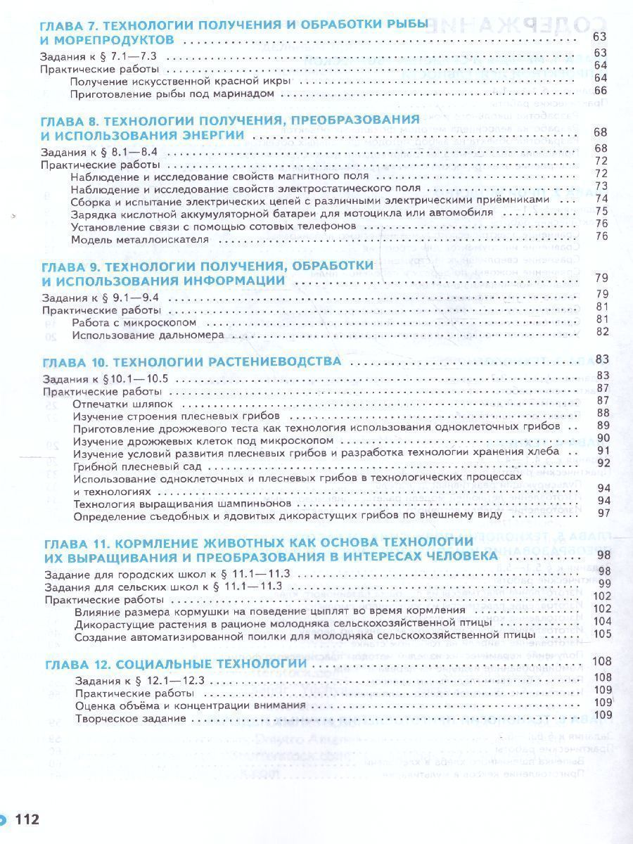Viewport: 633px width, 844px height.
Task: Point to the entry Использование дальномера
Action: tap(148, 335)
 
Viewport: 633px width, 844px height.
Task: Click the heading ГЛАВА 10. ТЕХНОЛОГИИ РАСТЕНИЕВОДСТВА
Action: tap(192, 362)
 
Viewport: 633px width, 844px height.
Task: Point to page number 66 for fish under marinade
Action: tap(600, 91)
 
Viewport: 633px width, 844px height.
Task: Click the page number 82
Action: tap(601, 332)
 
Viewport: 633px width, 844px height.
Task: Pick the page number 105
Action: tap(600, 634)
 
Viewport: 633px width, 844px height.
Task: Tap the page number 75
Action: tap(601, 211)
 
